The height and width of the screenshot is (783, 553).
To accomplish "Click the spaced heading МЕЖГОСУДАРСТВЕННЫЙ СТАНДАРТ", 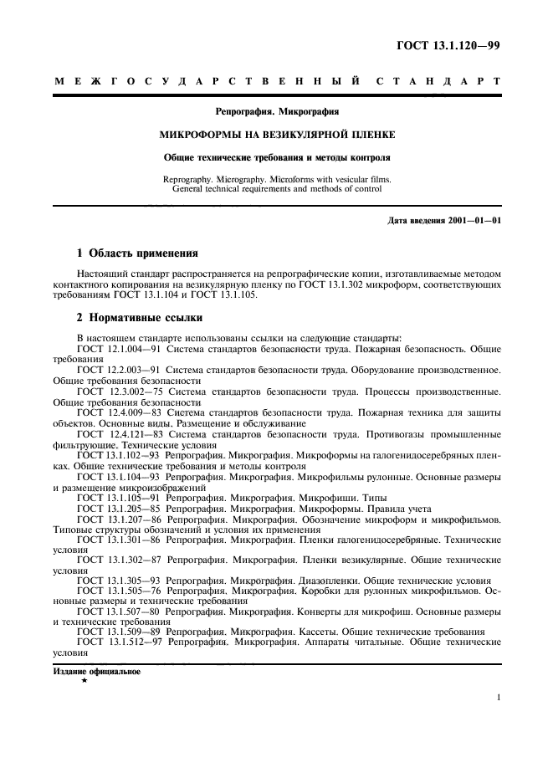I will [277, 82].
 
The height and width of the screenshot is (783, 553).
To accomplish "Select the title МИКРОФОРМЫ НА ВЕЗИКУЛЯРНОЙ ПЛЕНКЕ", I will [277, 134].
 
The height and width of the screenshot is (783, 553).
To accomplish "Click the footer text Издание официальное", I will [96, 672].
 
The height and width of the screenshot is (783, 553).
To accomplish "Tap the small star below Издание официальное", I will [84, 681].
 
